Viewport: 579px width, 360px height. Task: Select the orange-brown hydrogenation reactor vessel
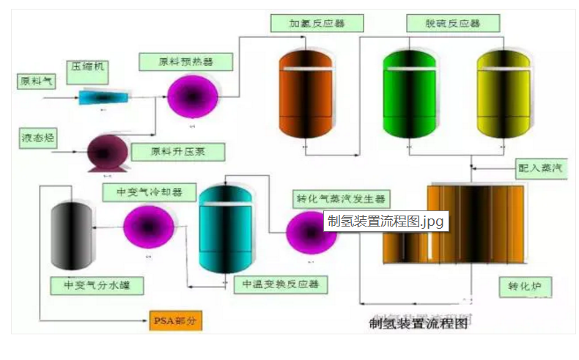coord(306,94)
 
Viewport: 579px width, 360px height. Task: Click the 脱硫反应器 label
coord(454,23)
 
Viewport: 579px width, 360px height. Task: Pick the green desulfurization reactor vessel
coord(410,94)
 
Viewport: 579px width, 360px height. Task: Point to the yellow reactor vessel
coord(502,94)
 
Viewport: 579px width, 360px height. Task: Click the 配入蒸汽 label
coord(539,167)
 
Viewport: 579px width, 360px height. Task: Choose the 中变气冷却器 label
coord(150,193)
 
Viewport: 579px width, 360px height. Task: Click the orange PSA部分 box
coord(174,321)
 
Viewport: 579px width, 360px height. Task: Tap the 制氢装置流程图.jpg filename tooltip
coord(386,221)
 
